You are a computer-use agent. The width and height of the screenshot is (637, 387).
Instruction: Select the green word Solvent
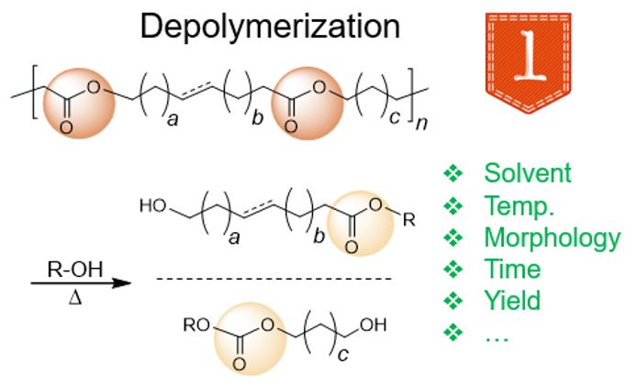527,173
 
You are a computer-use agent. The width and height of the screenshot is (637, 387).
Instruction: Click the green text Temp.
520,205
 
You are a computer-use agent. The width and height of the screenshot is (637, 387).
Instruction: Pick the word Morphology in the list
552,238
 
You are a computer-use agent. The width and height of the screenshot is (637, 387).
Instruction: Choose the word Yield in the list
512,301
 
